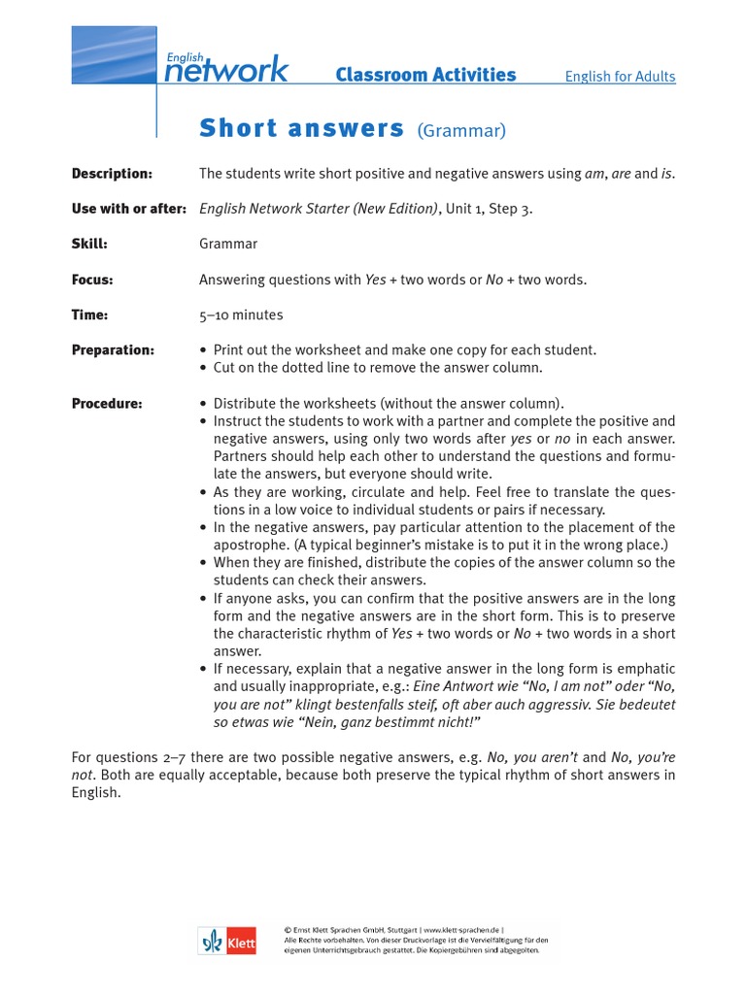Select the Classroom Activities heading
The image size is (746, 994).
point(425,76)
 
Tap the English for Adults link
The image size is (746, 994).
point(620,77)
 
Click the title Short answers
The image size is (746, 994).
point(301,128)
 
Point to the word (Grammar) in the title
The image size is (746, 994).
point(461,130)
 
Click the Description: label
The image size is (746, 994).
point(112,174)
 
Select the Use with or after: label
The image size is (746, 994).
point(128,209)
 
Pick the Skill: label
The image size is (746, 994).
point(89,245)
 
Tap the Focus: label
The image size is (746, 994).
point(92,280)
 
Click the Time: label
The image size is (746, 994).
point(89,315)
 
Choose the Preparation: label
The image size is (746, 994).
point(113,350)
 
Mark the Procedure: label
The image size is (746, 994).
point(107,404)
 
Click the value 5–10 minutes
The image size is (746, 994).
point(241,315)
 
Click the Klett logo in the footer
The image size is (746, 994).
point(227,941)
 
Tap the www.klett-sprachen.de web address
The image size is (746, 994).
point(461,929)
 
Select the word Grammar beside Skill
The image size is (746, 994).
point(228,245)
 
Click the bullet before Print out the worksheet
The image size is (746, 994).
point(203,350)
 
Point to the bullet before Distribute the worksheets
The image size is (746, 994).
point(203,404)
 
